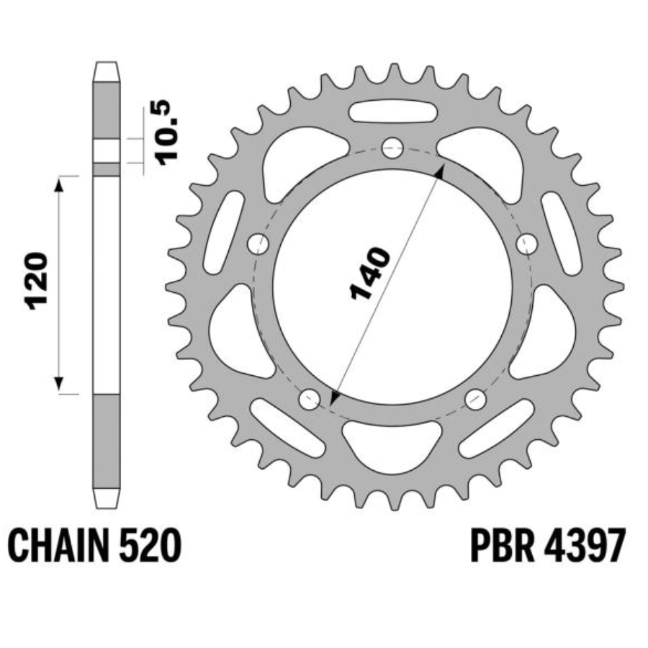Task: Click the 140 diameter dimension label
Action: tap(370, 274)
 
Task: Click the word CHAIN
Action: tap(58, 546)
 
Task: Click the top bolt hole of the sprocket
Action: tap(392, 148)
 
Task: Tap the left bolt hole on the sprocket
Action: tap(258, 244)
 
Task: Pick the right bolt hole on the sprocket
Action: tap(527, 244)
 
